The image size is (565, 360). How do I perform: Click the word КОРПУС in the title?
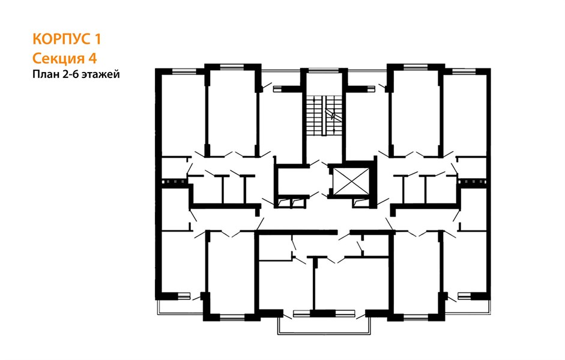point(61,39)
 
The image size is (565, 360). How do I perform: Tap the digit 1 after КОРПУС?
point(98,39)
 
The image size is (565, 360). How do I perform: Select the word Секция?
point(57,58)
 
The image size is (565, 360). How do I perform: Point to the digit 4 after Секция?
point(93,58)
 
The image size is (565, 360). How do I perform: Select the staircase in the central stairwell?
point(324,116)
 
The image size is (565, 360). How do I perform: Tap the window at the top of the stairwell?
point(324,71)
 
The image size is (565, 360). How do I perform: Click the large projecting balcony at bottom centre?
point(324,326)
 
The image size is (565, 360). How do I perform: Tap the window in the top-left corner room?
point(183,71)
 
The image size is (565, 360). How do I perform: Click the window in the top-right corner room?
point(464,71)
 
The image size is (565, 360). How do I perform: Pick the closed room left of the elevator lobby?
point(291,182)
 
